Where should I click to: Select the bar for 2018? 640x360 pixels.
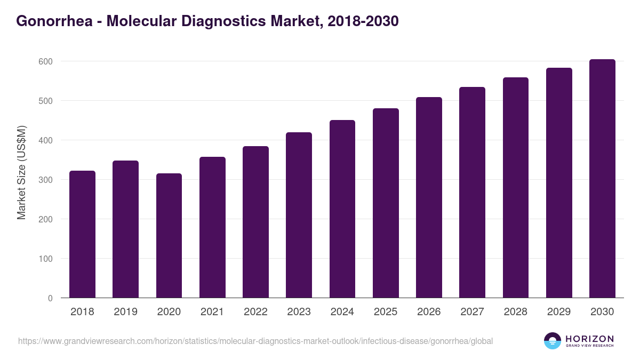click(x=82, y=235)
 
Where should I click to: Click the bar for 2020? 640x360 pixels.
click(x=169, y=236)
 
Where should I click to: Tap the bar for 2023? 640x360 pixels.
click(x=299, y=215)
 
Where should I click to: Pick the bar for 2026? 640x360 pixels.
click(x=429, y=198)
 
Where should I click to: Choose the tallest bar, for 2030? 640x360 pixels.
click(x=602, y=179)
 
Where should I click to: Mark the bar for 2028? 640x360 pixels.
click(x=516, y=188)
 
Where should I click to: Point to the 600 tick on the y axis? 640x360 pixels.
click(x=46, y=61)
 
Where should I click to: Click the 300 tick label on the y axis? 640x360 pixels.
click(x=46, y=180)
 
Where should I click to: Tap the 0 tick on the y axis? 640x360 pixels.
click(x=50, y=298)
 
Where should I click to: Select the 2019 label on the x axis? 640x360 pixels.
click(x=126, y=312)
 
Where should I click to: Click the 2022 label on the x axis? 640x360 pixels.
click(x=255, y=312)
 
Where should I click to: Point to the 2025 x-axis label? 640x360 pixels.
click(x=386, y=312)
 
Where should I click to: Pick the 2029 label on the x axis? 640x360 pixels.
click(x=559, y=312)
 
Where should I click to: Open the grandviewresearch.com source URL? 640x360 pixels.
click(x=255, y=341)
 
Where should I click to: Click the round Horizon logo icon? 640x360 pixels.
click(x=553, y=341)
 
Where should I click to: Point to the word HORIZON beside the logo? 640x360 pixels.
click(x=589, y=339)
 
